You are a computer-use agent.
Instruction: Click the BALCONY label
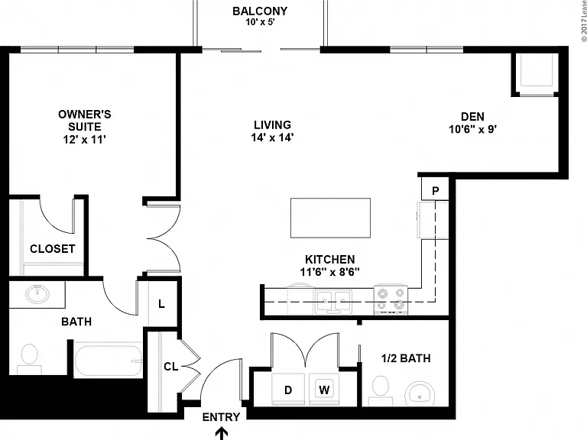260,11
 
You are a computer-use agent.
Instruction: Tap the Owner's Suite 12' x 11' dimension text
85,140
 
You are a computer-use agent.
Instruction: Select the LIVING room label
272,125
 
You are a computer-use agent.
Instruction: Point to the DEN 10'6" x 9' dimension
473,129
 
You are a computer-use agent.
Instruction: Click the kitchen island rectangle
330,218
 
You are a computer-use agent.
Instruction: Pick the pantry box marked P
435,189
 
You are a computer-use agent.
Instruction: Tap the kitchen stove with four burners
391,299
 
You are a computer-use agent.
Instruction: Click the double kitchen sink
333,302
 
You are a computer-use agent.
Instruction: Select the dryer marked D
288,390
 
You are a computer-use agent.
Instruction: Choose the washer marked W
324,390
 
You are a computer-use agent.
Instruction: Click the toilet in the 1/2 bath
381,390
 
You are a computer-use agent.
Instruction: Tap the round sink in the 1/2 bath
420,394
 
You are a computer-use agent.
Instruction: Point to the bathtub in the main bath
109,361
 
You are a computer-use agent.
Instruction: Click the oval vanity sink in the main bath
37,293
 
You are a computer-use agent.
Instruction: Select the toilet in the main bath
29,359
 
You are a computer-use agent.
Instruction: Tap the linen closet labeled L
161,304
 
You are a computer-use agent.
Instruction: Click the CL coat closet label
171,367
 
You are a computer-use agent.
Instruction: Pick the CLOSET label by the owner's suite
53,249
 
